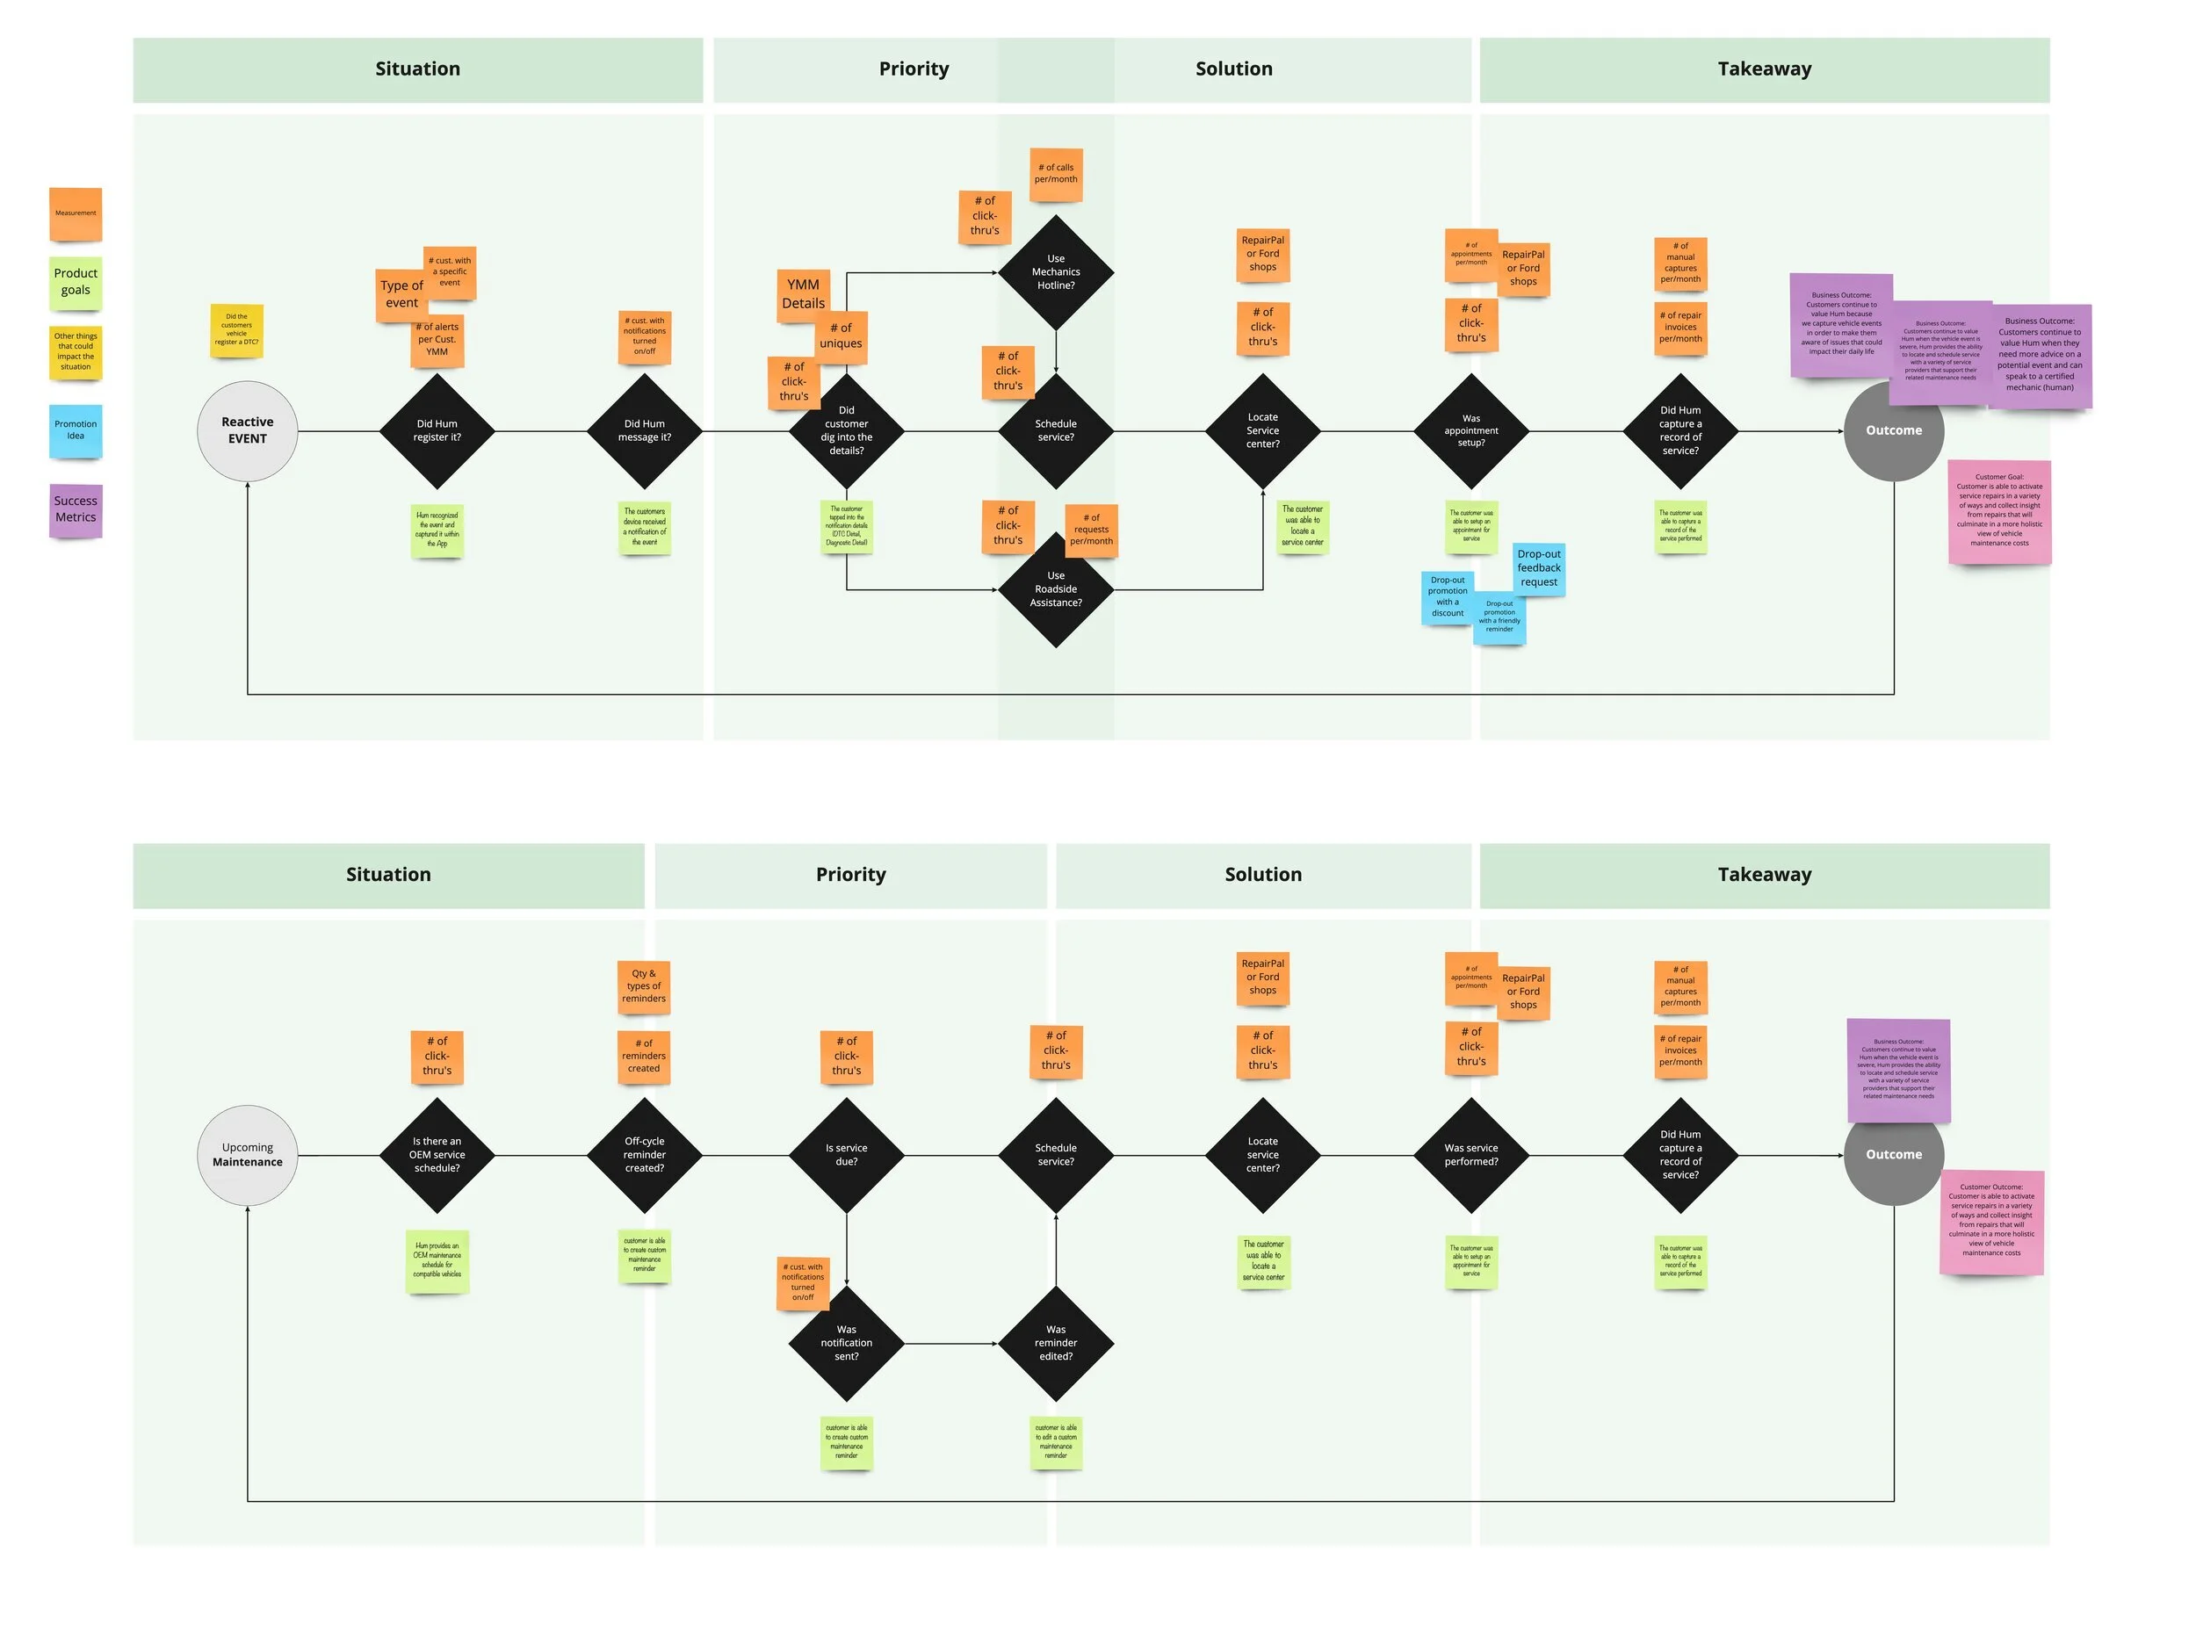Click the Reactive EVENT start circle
pos(247,430)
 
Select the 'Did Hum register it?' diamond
pos(437,430)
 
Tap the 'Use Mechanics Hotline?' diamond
pos(1055,271)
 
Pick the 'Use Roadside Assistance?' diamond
pos(1055,589)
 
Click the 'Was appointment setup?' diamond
pos(1470,430)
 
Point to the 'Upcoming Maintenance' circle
pos(247,1154)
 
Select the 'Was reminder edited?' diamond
pos(1055,1343)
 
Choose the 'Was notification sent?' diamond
pos(846,1343)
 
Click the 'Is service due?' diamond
pos(846,1154)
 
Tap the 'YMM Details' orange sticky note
pos(802,293)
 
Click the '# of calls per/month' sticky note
pos(1055,174)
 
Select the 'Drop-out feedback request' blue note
pos(1538,568)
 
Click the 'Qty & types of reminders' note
pos(644,985)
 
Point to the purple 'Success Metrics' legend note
pos(76,509)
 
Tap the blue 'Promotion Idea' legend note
pos(76,430)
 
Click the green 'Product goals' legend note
pos(76,282)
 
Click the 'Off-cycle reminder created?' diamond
pos(644,1154)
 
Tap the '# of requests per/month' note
pos(1091,530)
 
